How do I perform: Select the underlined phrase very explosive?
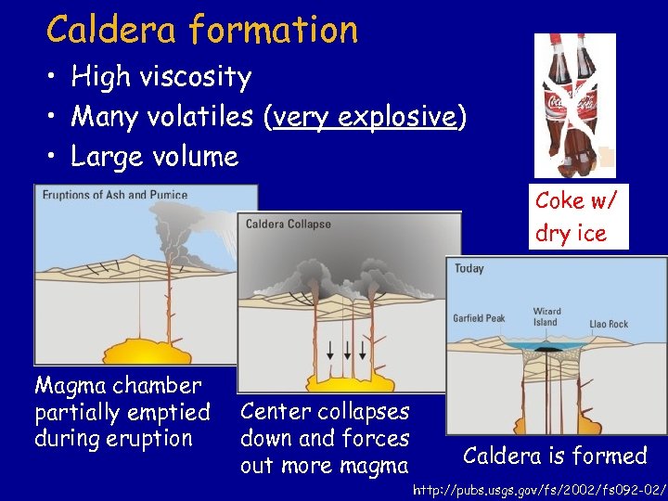coord(366,117)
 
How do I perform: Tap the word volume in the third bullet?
coord(198,156)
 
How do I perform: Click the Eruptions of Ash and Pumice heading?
coord(114,195)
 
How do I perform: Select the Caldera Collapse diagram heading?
coord(288,225)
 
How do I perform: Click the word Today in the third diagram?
coord(469,269)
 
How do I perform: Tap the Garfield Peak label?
coord(479,318)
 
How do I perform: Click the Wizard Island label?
coord(546,317)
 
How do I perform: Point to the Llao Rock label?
coord(609,325)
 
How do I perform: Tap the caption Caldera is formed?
coord(555,456)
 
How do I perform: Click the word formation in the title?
coord(273,30)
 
